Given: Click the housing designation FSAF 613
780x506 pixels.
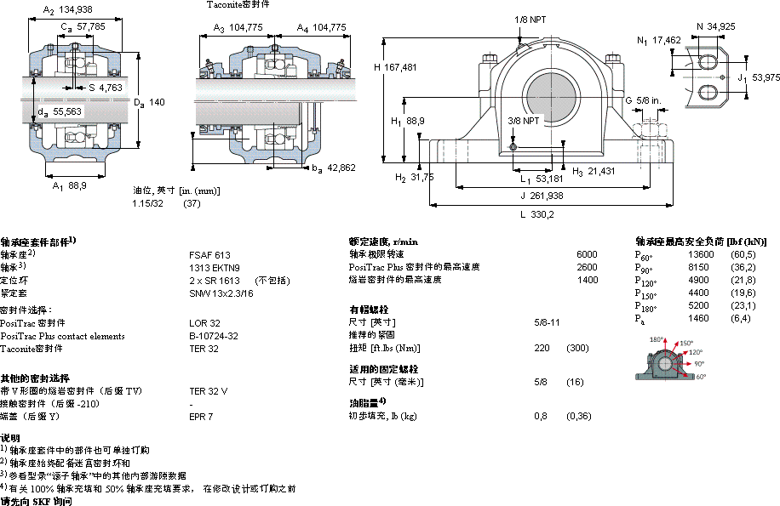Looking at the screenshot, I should pos(209,254).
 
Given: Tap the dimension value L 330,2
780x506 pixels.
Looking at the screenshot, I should pos(538,214).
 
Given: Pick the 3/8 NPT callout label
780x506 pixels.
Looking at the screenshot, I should pos(523,121).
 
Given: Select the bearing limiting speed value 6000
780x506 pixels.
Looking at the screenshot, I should pos(587,254).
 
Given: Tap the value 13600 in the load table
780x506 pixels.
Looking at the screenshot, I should pos(701,255).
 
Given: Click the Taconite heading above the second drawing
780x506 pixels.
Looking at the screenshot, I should pos(241,5).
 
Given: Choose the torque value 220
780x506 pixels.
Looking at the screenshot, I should pos(541,348).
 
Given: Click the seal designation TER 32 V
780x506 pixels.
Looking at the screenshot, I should pos(208,390).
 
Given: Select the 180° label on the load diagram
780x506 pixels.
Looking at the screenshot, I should pos(657,340).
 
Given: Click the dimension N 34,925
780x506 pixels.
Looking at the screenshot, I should pos(715,27).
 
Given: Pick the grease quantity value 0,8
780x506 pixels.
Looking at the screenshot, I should pos(540,416).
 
